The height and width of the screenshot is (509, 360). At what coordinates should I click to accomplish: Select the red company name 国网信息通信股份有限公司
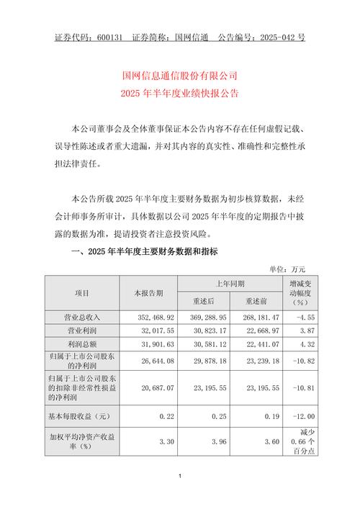pyautogui.click(x=179, y=76)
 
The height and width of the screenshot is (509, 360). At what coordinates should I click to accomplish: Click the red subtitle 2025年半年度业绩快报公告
pyautogui.click(x=179, y=94)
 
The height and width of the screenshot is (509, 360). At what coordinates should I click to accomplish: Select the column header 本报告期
pyautogui.click(x=149, y=293)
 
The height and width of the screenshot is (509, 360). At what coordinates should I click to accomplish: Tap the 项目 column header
pyautogui.click(x=82, y=293)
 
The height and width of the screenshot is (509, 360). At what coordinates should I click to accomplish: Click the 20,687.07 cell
pyautogui.click(x=150, y=387)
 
